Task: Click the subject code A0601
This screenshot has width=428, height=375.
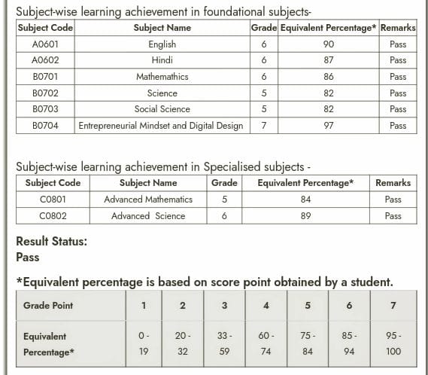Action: point(45,44)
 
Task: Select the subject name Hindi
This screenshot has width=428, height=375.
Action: point(162,61)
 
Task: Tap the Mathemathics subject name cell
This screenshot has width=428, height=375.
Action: point(162,77)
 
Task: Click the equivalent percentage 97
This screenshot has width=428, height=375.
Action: point(328,126)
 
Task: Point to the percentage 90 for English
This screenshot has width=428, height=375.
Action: point(328,44)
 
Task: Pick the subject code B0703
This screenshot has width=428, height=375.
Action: point(45,109)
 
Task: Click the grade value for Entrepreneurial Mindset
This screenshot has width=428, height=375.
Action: point(263,126)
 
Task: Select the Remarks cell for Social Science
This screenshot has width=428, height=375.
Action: point(398,109)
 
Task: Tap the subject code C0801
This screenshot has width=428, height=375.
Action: point(53,200)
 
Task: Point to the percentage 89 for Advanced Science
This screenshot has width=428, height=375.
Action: point(305,216)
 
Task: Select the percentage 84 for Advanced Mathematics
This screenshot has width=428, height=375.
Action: point(305,200)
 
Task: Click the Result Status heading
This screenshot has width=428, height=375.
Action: point(51,242)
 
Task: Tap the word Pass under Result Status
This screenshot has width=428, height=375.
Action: point(27,257)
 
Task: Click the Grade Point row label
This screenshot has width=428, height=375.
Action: point(48,306)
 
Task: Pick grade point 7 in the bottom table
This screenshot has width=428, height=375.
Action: point(393,306)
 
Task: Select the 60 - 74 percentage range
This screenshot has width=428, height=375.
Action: point(266,343)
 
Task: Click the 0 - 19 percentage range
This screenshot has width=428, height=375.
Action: point(144,343)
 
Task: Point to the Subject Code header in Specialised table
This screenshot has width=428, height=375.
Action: point(53,183)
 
